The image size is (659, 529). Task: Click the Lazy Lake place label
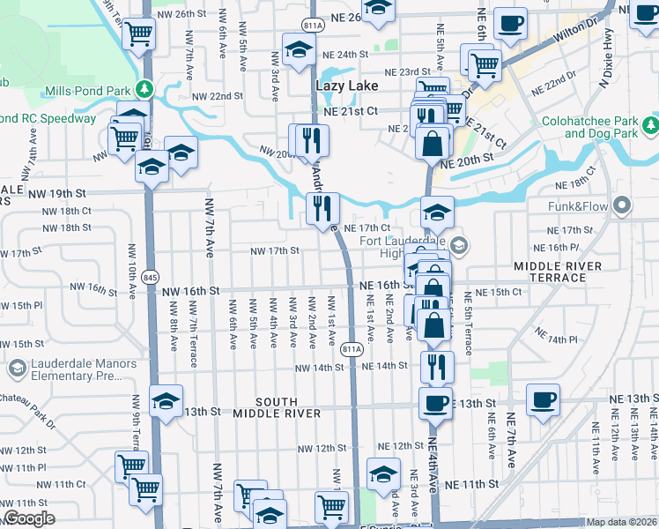point(346,86)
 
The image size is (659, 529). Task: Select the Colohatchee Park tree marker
point(650,126)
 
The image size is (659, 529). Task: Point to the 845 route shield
point(151,275)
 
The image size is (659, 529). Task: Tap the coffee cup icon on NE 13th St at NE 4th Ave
point(435,403)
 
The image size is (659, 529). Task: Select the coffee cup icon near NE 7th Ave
point(543,399)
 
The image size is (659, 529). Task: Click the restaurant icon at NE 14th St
point(437,366)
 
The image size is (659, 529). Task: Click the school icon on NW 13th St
point(166,401)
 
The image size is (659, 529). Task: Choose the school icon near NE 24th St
point(299,49)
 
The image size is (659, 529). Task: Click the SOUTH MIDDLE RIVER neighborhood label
point(277,407)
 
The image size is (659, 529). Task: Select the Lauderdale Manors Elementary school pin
point(17,369)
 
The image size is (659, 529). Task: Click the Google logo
point(29,518)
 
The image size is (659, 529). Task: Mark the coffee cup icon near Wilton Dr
point(510,24)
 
